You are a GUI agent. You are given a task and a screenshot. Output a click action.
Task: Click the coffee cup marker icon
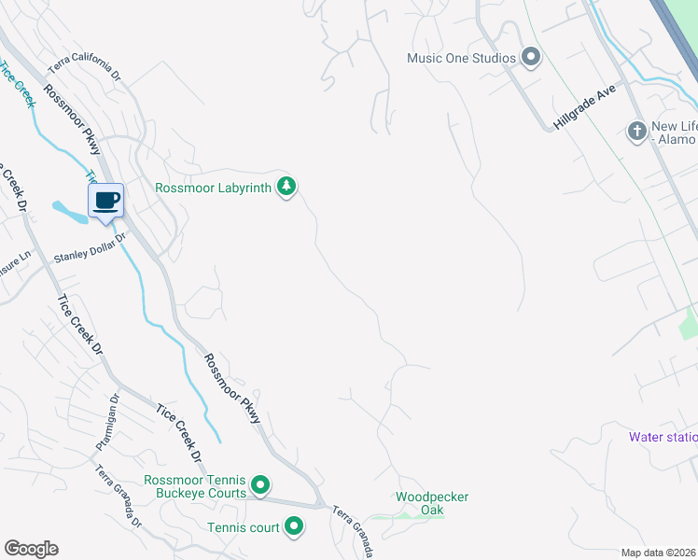(106, 201)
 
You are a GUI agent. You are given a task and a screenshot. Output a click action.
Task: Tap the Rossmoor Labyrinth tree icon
(287, 188)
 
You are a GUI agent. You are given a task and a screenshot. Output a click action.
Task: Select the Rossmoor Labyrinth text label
(213, 189)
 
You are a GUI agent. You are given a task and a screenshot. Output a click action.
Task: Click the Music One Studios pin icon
(531, 58)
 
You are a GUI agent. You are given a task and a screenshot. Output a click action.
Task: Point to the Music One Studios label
(461, 58)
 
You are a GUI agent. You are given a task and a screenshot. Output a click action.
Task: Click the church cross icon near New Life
(637, 131)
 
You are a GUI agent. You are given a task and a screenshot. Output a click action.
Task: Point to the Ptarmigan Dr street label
(106, 420)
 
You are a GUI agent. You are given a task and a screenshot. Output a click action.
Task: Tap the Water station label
(663, 437)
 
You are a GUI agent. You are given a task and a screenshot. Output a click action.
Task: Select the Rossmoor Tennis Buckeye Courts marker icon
(261, 485)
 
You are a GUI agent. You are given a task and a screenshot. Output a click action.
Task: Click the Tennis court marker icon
(294, 527)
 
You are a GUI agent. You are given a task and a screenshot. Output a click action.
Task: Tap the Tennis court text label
(243, 528)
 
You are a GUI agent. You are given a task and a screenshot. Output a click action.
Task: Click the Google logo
(31, 549)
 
